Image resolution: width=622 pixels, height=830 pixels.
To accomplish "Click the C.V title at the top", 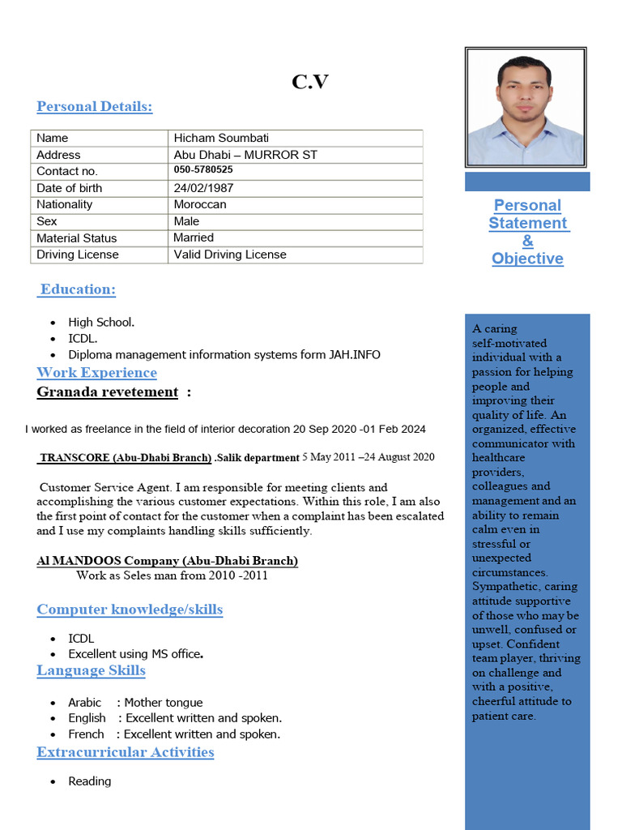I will pyautogui.click(x=310, y=81).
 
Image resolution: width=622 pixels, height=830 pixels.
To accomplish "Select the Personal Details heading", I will pyautogui.click(x=95, y=107).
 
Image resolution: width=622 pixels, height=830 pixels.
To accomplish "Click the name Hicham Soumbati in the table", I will pyautogui.click(x=221, y=138).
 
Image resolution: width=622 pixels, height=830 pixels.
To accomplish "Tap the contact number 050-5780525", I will pyautogui.click(x=203, y=170).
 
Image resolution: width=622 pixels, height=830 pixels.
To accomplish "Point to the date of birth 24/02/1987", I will pyautogui.click(x=203, y=188).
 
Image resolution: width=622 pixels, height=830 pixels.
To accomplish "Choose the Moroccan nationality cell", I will pyautogui.click(x=200, y=204).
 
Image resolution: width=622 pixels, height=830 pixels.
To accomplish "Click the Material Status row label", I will pyautogui.click(x=76, y=238).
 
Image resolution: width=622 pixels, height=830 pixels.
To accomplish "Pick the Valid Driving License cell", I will pyautogui.click(x=230, y=255).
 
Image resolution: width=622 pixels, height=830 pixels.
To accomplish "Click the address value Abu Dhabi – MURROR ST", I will pyautogui.click(x=245, y=155).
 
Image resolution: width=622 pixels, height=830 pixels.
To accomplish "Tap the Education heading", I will pyautogui.click(x=78, y=289).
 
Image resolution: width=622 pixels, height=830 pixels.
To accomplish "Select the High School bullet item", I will pyautogui.click(x=100, y=322).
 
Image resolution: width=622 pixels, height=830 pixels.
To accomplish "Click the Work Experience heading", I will pyautogui.click(x=96, y=373).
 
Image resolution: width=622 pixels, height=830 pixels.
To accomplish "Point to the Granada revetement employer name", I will pyautogui.click(x=108, y=392).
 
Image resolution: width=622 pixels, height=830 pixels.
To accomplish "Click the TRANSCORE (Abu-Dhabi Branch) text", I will pyautogui.click(x=126, y=458).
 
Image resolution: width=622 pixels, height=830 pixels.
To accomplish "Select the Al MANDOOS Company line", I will pyautogui.click(x=167, y=561).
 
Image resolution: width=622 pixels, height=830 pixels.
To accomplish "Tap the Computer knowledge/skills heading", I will pyautogui.click(x=130, y=610).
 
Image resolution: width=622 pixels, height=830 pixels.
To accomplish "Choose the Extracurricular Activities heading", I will pyautogui.click(x=126, y=752).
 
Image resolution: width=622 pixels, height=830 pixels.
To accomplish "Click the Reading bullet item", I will pyautogui.click(x=89, y=781).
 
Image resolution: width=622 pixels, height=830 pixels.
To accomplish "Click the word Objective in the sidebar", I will pyautogui.click(x=527, y=259).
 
